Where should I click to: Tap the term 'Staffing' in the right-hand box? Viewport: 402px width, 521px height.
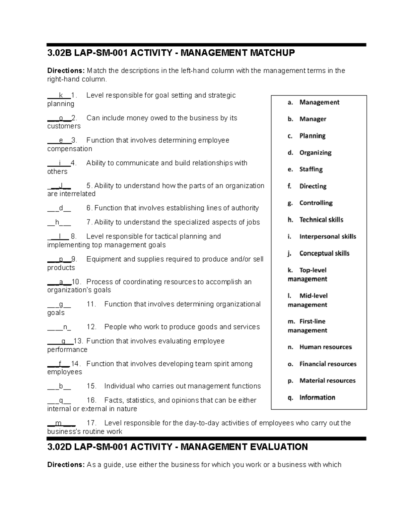click(311, 169)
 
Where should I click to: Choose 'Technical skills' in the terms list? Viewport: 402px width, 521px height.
click(321, 220)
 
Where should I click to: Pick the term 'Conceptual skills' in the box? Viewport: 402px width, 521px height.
click(324, 253)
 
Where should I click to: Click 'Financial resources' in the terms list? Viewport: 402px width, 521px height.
click(328, 364)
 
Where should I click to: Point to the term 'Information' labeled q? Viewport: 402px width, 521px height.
click(317, 398)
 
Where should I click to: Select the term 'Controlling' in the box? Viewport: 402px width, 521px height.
click(316, 203)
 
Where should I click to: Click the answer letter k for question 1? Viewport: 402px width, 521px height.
click(61, 96)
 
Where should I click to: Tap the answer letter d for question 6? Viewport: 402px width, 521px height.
click(61, 208)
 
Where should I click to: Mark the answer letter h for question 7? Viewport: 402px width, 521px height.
click(57, 222)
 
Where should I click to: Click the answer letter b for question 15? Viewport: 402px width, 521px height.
click(61, 386)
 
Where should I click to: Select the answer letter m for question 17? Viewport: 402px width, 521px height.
click(59, 423)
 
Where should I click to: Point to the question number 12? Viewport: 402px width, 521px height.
click(91, 327)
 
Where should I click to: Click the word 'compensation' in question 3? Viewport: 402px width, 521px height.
click(69, 149)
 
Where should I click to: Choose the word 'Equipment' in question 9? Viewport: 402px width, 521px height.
click(102, 259)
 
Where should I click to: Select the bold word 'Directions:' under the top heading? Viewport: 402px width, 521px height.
click(66, 71)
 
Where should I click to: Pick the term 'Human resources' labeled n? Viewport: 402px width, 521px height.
click(326, 347)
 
